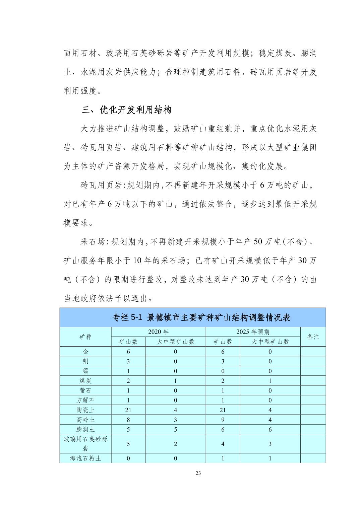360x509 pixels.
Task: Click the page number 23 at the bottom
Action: (198, 473)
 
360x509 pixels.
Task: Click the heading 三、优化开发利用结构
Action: (127, 110)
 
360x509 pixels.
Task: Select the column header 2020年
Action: (158, 332)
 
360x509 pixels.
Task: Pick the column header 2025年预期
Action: (253, 332)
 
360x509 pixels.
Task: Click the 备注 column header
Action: (313, 337)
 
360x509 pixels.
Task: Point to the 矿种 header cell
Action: (85, 337)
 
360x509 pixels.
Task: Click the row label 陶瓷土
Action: (85, 410)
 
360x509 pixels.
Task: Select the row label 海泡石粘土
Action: (85, 458)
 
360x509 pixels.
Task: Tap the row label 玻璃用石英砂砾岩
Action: (85, 444)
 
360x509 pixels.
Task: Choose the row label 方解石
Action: (85, 400)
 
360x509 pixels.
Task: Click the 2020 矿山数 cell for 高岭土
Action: (128, 420)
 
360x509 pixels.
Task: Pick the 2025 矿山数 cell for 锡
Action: (223, 371)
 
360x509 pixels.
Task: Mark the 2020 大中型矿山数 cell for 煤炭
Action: (175, 381)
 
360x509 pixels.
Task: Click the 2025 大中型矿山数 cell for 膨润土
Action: (270, 429)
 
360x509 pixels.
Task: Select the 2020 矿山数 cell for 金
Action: (128, 352)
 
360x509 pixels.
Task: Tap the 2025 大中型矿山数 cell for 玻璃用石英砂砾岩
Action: (270, 444)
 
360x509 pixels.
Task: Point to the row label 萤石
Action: (85, 390)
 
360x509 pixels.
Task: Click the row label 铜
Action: (85, 361)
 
